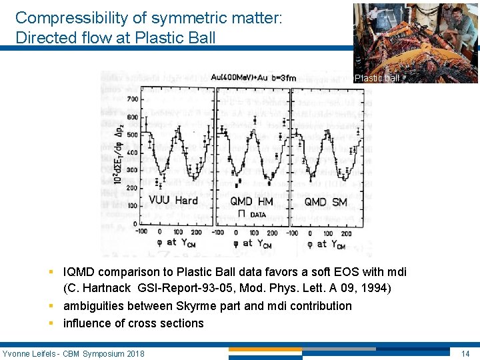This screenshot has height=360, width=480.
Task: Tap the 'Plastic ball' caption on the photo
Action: click(377, 78)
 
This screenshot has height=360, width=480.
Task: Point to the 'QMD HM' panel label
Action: click(252, 201)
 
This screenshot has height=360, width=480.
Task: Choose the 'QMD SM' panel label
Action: click(325, 201)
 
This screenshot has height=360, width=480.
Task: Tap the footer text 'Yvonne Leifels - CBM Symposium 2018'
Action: click(73, 353)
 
